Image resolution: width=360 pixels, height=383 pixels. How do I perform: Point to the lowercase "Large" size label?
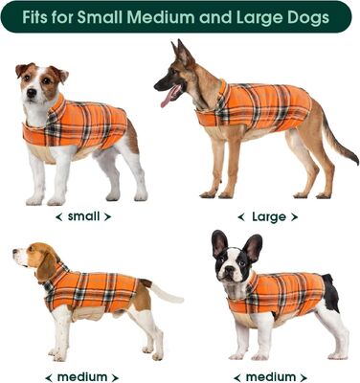269,217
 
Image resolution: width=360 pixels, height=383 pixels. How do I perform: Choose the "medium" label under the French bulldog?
270,376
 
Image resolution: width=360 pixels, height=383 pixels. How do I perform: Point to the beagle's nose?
15,253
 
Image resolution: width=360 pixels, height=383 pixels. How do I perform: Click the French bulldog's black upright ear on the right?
253,247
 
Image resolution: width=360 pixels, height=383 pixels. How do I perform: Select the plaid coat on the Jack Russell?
86,124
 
